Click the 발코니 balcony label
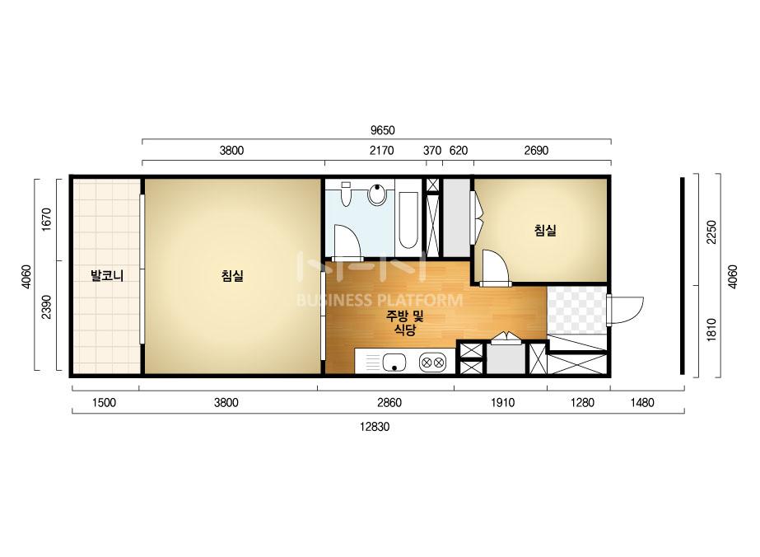[107, 276]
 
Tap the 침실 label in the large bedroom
[232, 276]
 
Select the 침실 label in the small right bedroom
[545, 230]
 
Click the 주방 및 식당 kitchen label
[405, 323]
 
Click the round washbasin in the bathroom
[377, 194]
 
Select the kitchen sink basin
[394, 363]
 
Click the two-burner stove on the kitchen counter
[433, 362]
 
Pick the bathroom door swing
[346, 241]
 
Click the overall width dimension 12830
[375, 427]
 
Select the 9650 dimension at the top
[382, 130]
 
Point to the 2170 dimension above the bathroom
[382, 151]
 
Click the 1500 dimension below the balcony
[104, 403]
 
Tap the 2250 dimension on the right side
[711, 232]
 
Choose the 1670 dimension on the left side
[46, 220]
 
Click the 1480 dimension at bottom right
[641, 403]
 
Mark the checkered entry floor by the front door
[576, 310]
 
